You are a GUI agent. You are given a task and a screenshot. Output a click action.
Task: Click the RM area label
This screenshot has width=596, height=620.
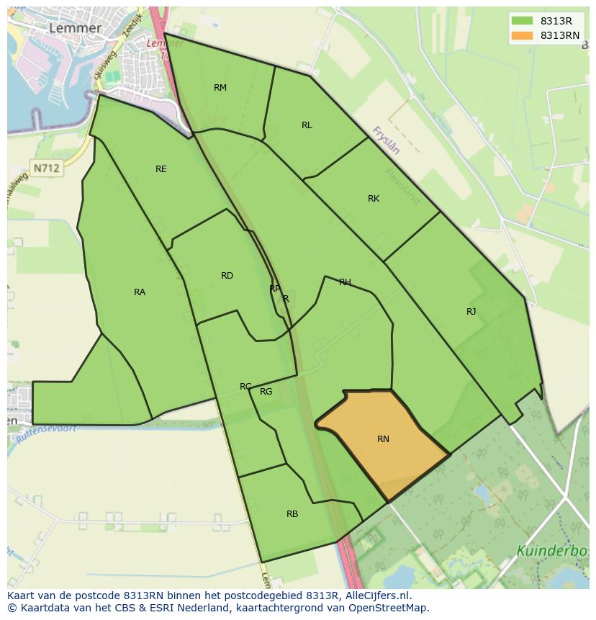[x=220, y=88]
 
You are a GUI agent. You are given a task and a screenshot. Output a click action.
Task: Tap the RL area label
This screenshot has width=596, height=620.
[x=307, y=125]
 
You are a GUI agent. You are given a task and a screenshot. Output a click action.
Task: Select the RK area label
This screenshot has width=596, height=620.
[x=374, y=199]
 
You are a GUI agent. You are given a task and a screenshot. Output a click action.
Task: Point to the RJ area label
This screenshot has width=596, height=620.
[x=471, y=312]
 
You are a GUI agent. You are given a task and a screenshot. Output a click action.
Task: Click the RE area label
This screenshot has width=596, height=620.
[x=161, y=169]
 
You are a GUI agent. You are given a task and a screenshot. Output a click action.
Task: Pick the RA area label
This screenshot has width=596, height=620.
[x=140, y=292]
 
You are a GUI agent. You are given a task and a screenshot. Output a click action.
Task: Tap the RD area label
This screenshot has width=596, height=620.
[x=227, y=276]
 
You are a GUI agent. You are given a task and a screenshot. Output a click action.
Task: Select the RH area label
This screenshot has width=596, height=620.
[x=345, y=282]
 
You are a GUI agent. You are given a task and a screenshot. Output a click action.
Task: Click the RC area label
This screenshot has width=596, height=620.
[x=245, y=387]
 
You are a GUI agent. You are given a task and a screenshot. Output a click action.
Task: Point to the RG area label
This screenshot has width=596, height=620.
[x=266, y=392]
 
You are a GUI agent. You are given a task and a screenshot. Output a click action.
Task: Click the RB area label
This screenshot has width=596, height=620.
[x=292, y=514]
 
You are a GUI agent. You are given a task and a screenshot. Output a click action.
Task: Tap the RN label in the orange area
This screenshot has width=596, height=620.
[x=383, y=439]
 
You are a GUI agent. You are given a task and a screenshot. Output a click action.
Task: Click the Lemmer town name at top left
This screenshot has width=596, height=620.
[x=75, y=28]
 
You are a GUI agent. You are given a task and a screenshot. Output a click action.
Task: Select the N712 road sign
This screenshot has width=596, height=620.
[x=47, y=168]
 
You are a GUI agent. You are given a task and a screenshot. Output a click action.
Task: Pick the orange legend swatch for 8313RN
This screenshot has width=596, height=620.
[x=523, y=35]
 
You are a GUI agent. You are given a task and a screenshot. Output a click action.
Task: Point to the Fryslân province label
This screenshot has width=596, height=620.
[x=386, y=140]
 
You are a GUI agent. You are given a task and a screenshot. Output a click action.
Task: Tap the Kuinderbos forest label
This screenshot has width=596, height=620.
[x=552, y=552]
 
